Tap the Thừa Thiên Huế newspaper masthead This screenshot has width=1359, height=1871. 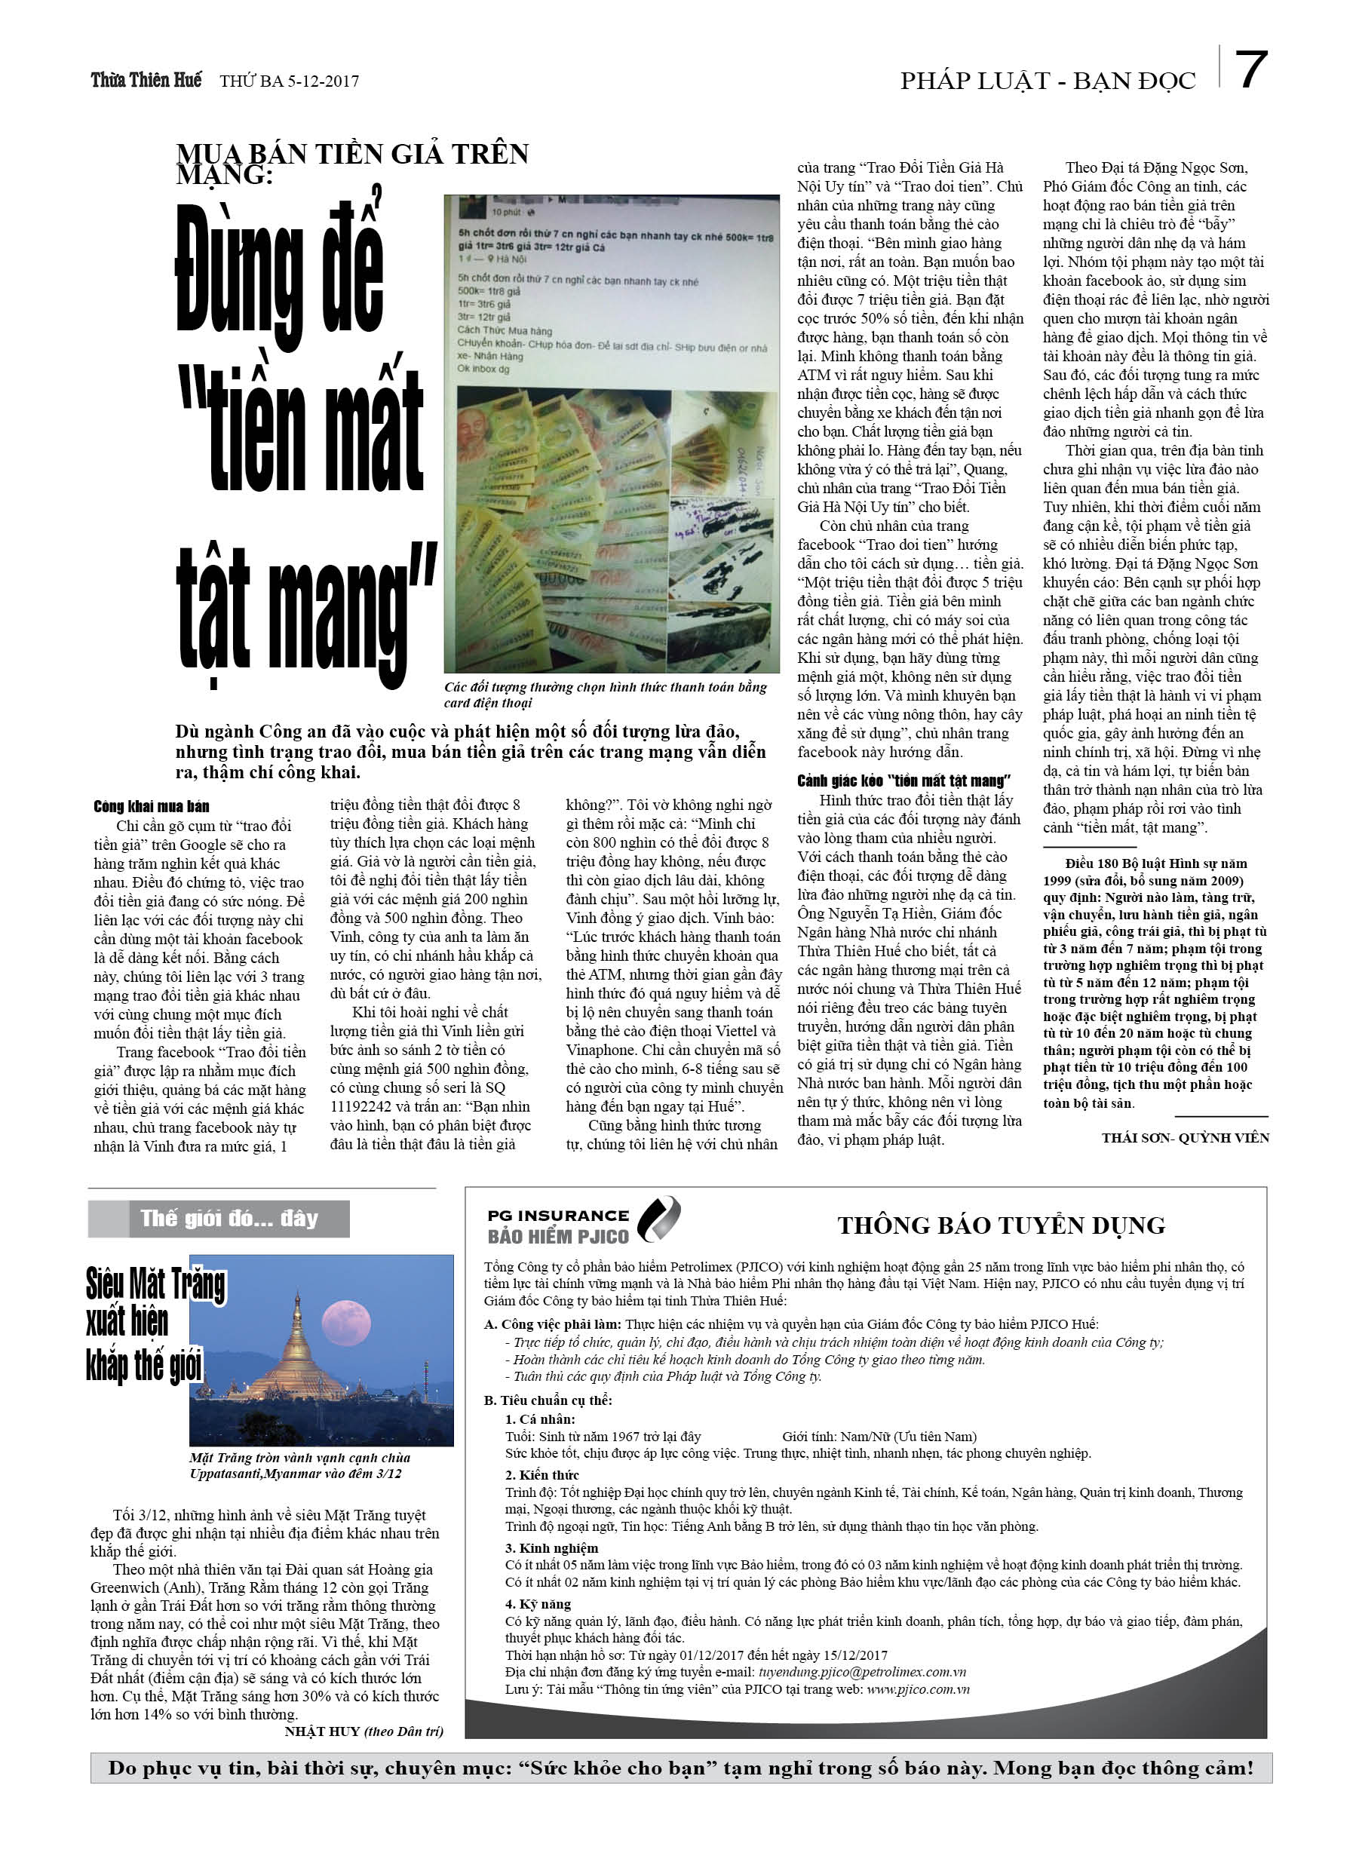pyautogui.click(x=146, y=80)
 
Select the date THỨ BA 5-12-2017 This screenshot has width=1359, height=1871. pyautogui.click(x=289, y=81)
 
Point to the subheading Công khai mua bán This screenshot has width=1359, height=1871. pyautogui.click(x=151, y=806)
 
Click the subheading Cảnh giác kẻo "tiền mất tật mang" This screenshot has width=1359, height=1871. pyautogui.click(x=903, y=781)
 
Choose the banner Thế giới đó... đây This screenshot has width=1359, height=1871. pyautogui.click(x=229, y=1219)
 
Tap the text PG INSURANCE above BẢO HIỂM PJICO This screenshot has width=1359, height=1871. pyautogui.click(x=558, y=1215)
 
